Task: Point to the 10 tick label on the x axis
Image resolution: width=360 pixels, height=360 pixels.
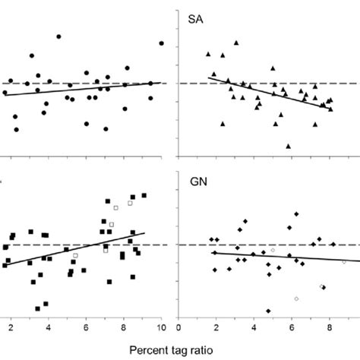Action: pyautogui.click(x=161, y=328)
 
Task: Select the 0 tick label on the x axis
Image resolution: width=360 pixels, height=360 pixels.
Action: pyautogui.click(x=179, y=328)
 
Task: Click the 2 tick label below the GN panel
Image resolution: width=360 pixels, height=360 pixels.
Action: pyautogui.click(x=216, y=328)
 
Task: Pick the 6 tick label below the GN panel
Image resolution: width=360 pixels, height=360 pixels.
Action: pyautogui.click(x=292, y=328)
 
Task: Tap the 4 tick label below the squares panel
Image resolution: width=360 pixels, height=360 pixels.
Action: pyautogui.click(x=48, y=328)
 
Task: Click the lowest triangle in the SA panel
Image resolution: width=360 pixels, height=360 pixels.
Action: pyautogui.click(x=289, y=146)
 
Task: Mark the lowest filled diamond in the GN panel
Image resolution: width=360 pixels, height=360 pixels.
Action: pyautogui.click(x=268, y=311)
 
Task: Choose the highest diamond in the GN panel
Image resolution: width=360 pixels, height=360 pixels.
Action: pyautogui.click(x=296, y=215)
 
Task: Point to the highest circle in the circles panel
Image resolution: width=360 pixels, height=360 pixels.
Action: pyautogui.click(x=58, y=36)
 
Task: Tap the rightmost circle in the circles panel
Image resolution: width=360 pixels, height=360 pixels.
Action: pyautogui.click(x=161, y=43)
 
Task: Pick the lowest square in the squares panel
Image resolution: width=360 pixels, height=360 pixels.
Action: pyautogui.click(x=37, y=308)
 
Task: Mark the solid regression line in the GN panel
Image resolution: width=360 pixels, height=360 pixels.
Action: pyautogui.click(x=281, y=257)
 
